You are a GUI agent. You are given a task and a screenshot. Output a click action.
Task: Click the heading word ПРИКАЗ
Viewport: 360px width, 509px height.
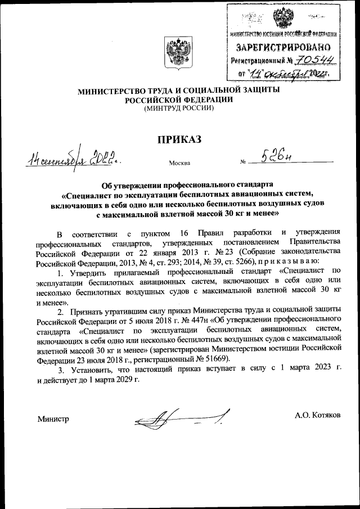pyautogui.click(x=179, y=140)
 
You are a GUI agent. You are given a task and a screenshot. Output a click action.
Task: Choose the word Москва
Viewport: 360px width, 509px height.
pyautogui.click(x=179, y=163)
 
